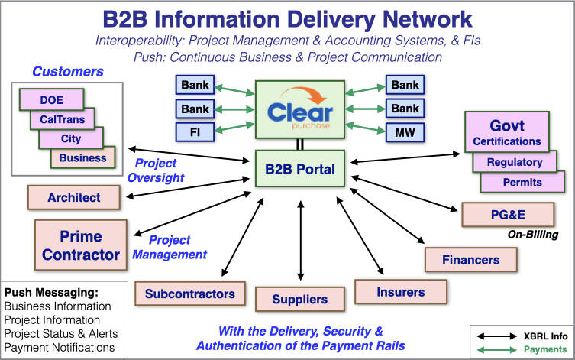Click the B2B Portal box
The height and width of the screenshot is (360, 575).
(299, 168)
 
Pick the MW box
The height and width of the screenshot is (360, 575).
(405, 131)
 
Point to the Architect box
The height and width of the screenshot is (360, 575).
(74, 197)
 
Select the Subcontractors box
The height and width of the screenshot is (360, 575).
(190, 293)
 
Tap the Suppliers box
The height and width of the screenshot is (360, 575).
(300, 300)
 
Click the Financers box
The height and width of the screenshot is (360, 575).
(470, 260)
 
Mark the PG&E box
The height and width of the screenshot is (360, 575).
(505, 216)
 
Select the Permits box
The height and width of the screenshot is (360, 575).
(522, 182)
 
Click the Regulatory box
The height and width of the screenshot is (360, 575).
(515, 162)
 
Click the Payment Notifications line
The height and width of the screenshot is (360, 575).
(60, 348)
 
